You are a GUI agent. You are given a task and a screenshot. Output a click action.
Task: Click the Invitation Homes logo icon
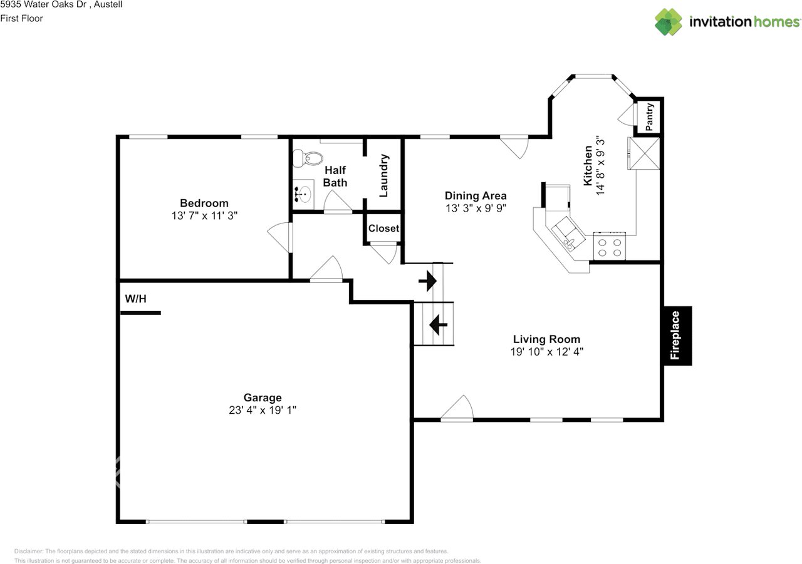[x=669, y=22]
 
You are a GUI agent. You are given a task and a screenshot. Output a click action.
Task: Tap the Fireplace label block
[x=677, y=336]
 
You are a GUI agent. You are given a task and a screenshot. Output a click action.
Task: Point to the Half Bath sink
[x=304, y=194]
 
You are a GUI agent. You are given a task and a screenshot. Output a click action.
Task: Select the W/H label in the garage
[x=135, y=299]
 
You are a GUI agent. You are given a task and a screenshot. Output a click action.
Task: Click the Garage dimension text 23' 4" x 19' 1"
[x=263, y=410]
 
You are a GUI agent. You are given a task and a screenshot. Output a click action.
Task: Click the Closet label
[x=383, y=228]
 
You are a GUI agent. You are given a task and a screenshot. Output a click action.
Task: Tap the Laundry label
[x=384, y=176]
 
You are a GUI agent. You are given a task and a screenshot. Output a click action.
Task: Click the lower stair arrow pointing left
[x=437, y=324]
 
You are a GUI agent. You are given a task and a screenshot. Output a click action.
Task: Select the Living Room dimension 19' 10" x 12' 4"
[x=547, y=352]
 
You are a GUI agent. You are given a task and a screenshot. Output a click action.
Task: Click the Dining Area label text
[x=476, y=195]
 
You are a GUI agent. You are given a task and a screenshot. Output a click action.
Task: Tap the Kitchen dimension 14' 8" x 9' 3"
[x=601, y=165]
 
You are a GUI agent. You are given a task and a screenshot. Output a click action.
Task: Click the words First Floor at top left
[x=21, y=18]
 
